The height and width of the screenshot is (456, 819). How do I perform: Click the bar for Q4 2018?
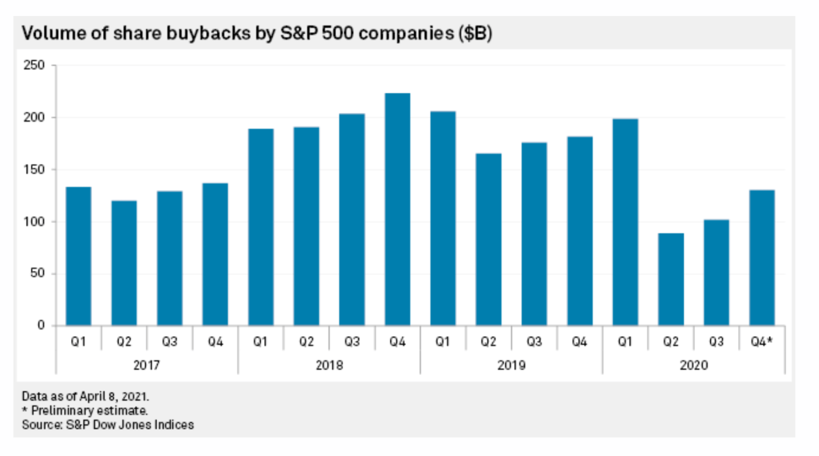click(397, 209)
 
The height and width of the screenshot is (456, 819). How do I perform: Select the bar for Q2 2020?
click(670, 279)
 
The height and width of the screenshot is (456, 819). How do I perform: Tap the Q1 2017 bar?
click(79, 256)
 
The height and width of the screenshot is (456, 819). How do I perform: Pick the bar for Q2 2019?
click(488, 239)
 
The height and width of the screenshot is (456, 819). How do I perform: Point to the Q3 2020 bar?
click(716, 272)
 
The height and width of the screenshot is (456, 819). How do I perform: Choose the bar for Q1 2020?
click(625, 222)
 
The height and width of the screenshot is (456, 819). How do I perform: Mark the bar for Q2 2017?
click(124, 263)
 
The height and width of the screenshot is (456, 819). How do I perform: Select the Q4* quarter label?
click(763, 342)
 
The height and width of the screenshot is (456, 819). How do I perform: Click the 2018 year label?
click(329, 365)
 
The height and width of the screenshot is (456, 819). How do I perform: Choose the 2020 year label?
click(693, 365)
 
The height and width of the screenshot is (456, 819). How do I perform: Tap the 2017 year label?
click(147, 365)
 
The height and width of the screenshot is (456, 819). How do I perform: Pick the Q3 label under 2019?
click(534, 342)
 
